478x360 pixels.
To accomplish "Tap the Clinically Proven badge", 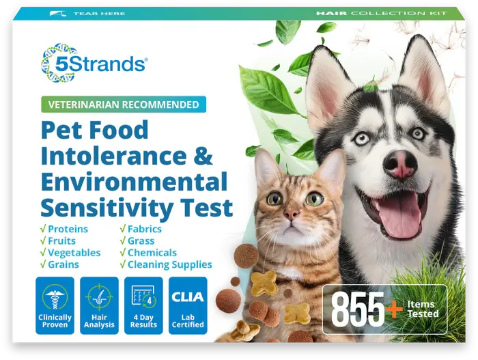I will pyautogui.click(x=55, y=305).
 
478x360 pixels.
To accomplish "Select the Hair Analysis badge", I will pyautogui.click(x=99, y=305).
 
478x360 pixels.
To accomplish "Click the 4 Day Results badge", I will pyautogui.click(x=143, y=305).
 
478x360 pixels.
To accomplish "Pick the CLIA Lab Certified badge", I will pyautogui.click(x=188, y=305).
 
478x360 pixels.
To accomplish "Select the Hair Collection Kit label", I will pyautogui.click(x=391, y=13).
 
